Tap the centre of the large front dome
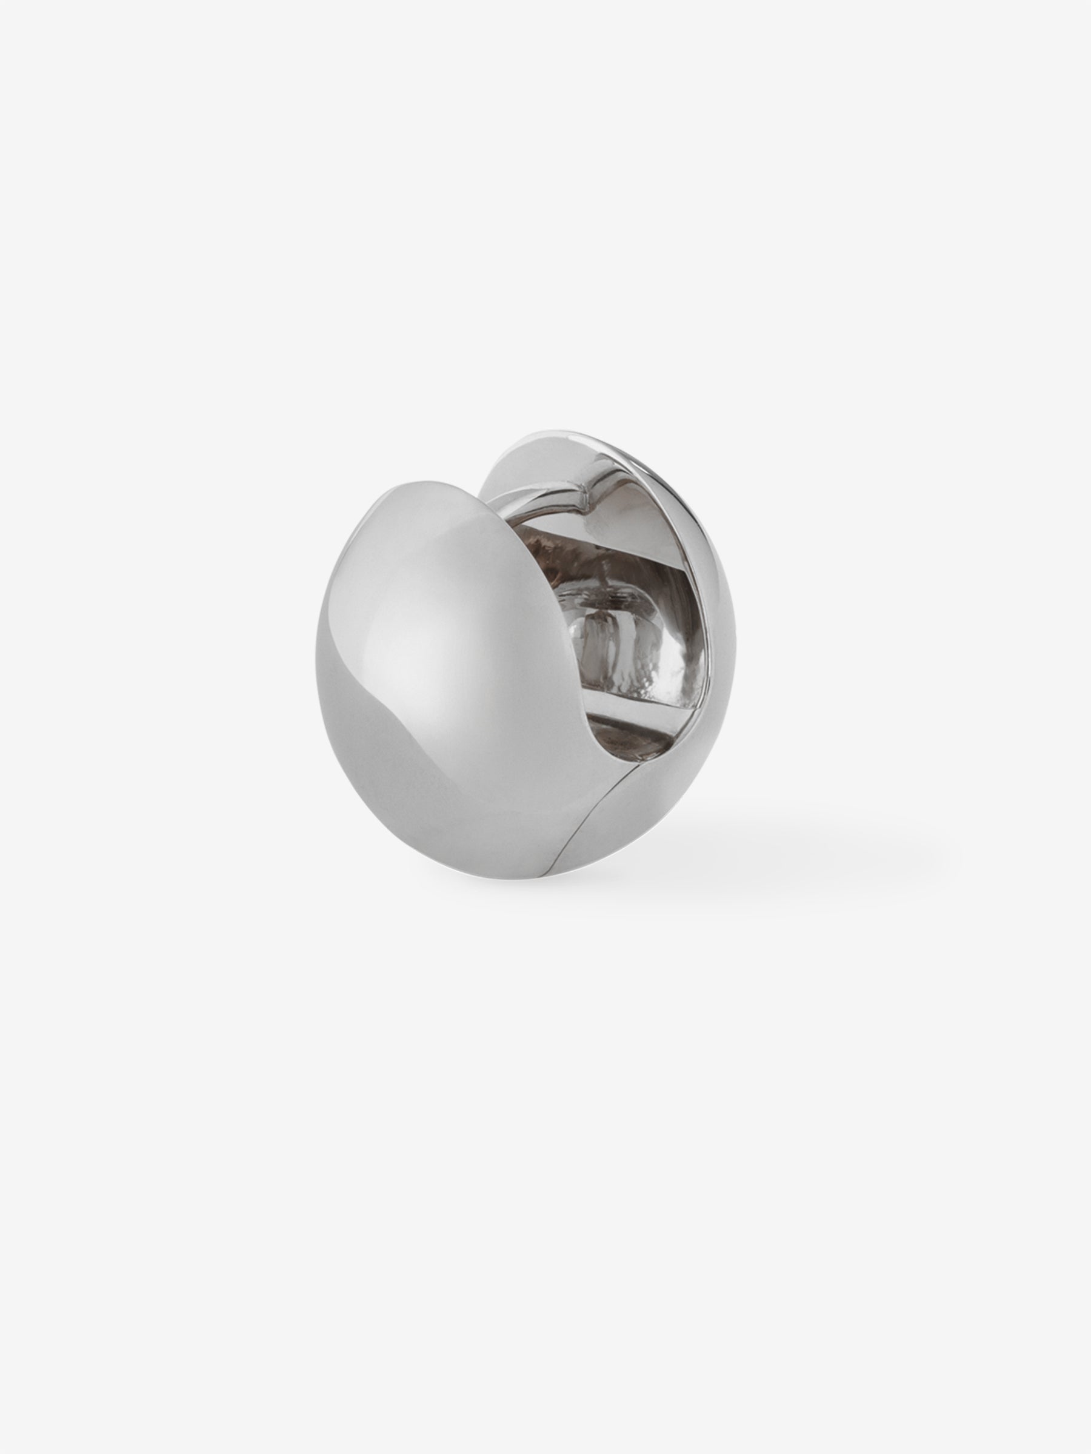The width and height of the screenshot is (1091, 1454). [x=421, y=657]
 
